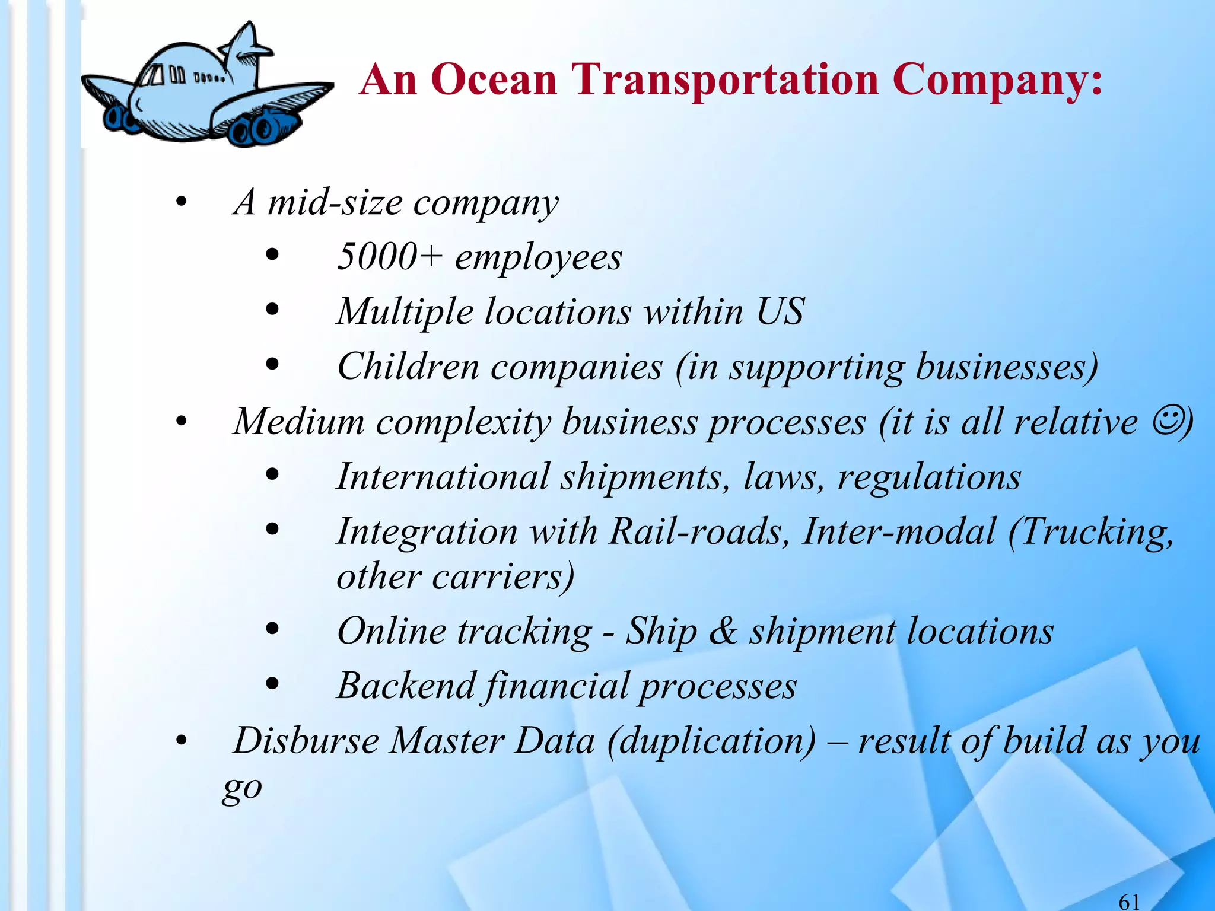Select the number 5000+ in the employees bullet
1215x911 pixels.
point(389,257)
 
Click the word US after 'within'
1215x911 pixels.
point(781,311)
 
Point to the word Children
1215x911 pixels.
point(408,367)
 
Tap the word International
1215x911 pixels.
point(443,476)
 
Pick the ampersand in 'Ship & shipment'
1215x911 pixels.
point(723,630)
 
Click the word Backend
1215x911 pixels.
point(406,686)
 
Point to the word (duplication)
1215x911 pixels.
point(712,741)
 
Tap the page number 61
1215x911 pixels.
point(1129,902)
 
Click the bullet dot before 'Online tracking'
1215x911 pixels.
point(272,629)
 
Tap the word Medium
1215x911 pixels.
point(299,422)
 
